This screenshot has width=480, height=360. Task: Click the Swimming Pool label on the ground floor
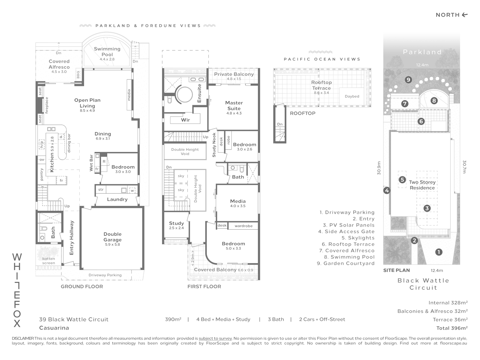(107, 52)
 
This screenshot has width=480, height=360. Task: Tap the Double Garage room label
(112, 237)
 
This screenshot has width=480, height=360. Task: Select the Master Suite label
(234, 106)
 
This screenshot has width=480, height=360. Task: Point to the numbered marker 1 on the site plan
(439, 252)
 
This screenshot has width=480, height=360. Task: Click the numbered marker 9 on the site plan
(408, 80)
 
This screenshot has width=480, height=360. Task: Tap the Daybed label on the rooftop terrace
(352, 96)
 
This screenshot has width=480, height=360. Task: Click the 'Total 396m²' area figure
(452, 328)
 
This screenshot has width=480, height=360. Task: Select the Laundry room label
(117, 199)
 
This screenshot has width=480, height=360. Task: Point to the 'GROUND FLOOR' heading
(82, 286)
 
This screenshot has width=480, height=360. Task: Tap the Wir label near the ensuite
(185, 120)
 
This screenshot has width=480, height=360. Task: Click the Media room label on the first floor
(238, 201)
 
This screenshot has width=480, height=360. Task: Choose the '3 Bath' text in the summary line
(276, 319)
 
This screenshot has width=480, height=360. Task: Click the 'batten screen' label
(49, 261)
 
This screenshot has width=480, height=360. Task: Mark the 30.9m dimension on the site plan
(379, 172)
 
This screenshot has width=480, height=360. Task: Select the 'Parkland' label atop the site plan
(422, 52)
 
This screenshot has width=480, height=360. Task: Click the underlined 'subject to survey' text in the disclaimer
(215, 338)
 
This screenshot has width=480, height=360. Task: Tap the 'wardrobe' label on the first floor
(243, 226)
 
